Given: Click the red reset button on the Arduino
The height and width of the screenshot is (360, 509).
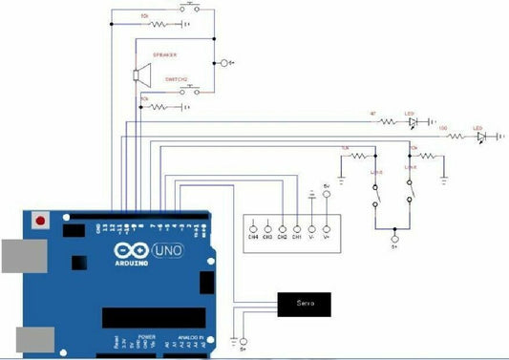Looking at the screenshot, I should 40,221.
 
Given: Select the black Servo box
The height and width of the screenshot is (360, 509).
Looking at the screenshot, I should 306,304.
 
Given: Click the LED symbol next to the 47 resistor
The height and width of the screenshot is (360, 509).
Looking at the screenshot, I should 413,122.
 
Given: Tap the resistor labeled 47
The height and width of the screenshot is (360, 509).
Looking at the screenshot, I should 388,122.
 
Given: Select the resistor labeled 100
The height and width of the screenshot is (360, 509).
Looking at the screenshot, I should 456,137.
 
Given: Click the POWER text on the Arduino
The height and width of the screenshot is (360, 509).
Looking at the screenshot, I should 147,337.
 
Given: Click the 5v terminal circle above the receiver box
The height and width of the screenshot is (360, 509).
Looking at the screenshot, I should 328,193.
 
